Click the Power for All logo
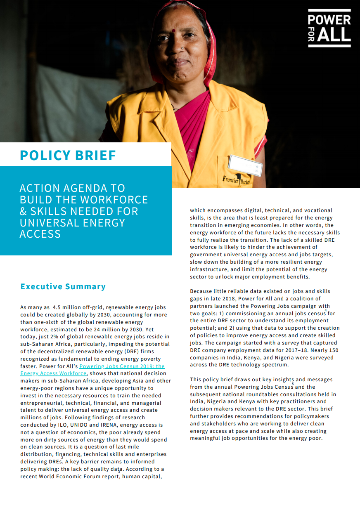click(329, 28)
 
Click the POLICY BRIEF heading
click(68, 155)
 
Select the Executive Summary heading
click(63, 286)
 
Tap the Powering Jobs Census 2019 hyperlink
click(122, 366)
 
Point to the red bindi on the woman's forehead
click(174, 31)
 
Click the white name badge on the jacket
click(246, 165)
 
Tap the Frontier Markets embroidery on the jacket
click(236, 180)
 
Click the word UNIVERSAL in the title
click(46, 223)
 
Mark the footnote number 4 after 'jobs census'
click(325, 310)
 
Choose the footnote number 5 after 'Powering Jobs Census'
click(293, 384)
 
